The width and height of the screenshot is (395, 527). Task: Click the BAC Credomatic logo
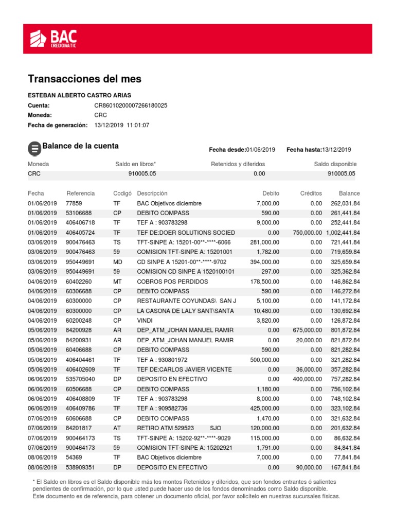(x=53, y=39)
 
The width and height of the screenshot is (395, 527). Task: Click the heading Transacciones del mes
(x=84, y=79)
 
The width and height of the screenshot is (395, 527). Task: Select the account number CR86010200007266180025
(x=131, y=106)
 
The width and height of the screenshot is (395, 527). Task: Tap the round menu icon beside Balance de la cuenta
(x=34, y=149)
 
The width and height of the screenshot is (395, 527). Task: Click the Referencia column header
(x=81, y=194)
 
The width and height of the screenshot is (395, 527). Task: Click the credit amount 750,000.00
(x=307, y=233)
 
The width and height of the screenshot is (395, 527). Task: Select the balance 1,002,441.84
(x=343, y=233)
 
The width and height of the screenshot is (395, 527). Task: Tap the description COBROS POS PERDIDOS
(x=172, y=282)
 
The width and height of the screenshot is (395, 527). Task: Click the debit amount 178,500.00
(x=262, y=282)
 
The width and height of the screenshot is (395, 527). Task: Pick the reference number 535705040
(x=81, y=379)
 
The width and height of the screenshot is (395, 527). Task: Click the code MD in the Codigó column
(x=118, y=262)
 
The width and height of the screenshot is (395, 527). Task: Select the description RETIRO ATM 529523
(x=165, y=428)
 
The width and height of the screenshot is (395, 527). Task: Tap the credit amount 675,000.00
(x=307, y=330)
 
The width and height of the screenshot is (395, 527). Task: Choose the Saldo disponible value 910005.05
(x=342, y=174)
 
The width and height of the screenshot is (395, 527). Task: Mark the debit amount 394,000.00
(x=262, y=262)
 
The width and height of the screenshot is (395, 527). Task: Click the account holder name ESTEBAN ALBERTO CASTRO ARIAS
(x=79, y=95)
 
